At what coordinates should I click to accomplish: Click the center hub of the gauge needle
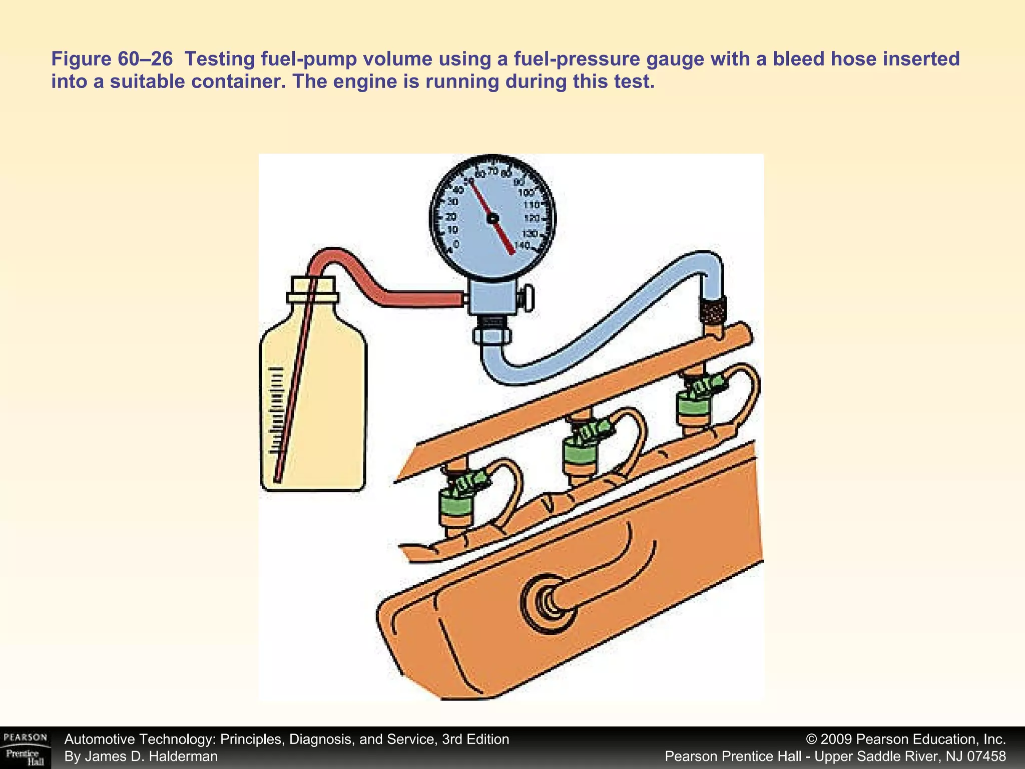[x=492, y=218]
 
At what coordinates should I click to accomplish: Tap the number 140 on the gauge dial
[x=522, y=245]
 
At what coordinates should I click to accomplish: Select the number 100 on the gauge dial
[x=526, y=193]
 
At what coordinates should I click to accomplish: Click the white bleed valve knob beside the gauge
[x=528, y=299]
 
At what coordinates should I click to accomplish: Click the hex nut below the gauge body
[x=492, y=334]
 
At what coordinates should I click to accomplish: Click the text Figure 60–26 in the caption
[x=112, y=59]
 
